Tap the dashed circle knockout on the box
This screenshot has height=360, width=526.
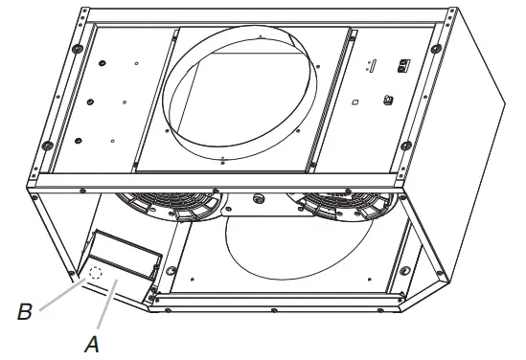tap(95, 274)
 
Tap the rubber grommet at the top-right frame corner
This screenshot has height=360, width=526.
tap(436, 49)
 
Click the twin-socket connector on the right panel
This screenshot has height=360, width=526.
tap(403, 64)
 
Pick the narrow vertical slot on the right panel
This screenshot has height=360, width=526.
tap(374, 66)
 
